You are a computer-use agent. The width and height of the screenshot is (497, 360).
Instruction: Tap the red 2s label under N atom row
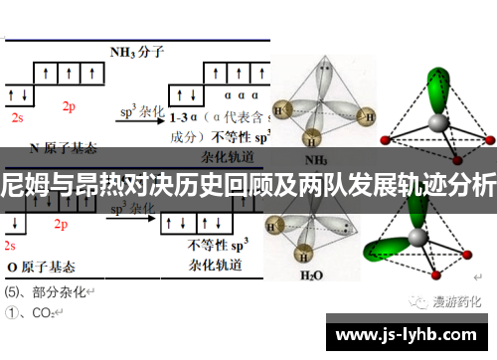point(17,117)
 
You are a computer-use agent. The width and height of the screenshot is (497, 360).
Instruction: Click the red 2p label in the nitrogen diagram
point(69,105)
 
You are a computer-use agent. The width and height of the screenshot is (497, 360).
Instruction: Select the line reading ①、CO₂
point(35,312)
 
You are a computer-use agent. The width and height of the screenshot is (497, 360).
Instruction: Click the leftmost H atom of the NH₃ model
point(280,110)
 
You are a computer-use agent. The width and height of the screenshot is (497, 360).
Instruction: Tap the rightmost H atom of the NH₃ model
point(368,114)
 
